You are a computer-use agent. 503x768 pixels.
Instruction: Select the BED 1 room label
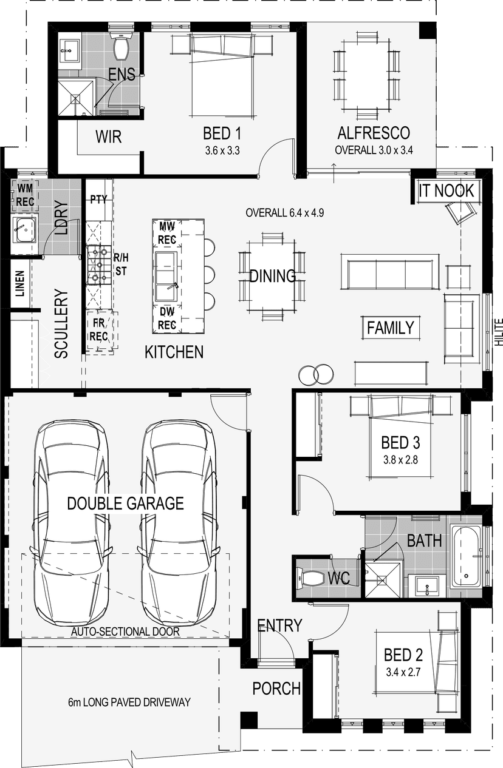click(x=222, y=133)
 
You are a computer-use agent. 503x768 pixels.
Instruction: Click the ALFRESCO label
click(x=374, y=133)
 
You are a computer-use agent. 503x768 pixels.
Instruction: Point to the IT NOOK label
click(x=447, y=190)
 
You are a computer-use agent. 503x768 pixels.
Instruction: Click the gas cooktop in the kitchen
click(x=99, y=264)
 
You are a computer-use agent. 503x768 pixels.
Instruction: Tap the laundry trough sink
click(x=24, y=230)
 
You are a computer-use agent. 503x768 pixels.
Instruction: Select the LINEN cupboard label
click(x=20, y=283)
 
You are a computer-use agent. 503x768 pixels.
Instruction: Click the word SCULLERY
click(x=61, y=323)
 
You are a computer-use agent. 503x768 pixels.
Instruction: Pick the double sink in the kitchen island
click(x=166, y=277)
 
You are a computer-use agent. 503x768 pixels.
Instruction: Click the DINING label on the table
click(x=272, y=276)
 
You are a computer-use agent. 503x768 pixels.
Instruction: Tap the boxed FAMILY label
click(x=391, y=328)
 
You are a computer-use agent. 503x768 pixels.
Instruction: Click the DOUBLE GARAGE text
click(x=125, y=504)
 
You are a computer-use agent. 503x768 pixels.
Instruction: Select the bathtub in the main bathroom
click(x=466, y=556)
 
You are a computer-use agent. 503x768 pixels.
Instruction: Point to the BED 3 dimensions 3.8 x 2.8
click(x=401, y=460)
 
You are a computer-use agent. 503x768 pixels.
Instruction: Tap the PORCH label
click(x=276, y=688)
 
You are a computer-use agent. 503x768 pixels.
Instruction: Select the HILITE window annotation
click(x=499, y=332)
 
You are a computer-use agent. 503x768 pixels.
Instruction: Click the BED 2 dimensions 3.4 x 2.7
click(x=403, y=672)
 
